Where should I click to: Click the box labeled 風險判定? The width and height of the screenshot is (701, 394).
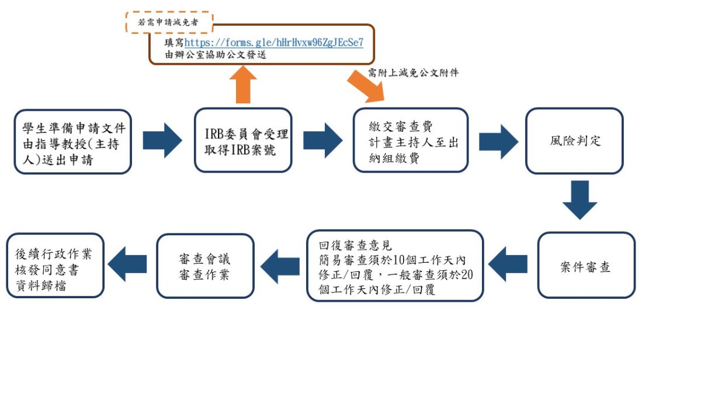574,141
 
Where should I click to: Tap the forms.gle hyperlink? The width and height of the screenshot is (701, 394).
274,43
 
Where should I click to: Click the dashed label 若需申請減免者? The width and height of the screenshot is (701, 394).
169,22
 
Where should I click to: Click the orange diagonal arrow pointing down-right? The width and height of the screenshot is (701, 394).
367,85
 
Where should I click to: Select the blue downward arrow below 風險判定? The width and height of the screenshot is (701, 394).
579,200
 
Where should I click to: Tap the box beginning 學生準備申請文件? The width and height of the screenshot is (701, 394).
73,142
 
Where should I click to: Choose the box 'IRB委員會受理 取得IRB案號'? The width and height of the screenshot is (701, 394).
243,141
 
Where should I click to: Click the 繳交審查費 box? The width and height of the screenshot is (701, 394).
411,141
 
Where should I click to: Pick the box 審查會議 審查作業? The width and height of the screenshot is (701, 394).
206,266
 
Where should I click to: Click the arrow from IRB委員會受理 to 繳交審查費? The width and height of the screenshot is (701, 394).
322,141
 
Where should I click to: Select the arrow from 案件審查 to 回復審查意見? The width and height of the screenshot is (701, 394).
508,264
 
